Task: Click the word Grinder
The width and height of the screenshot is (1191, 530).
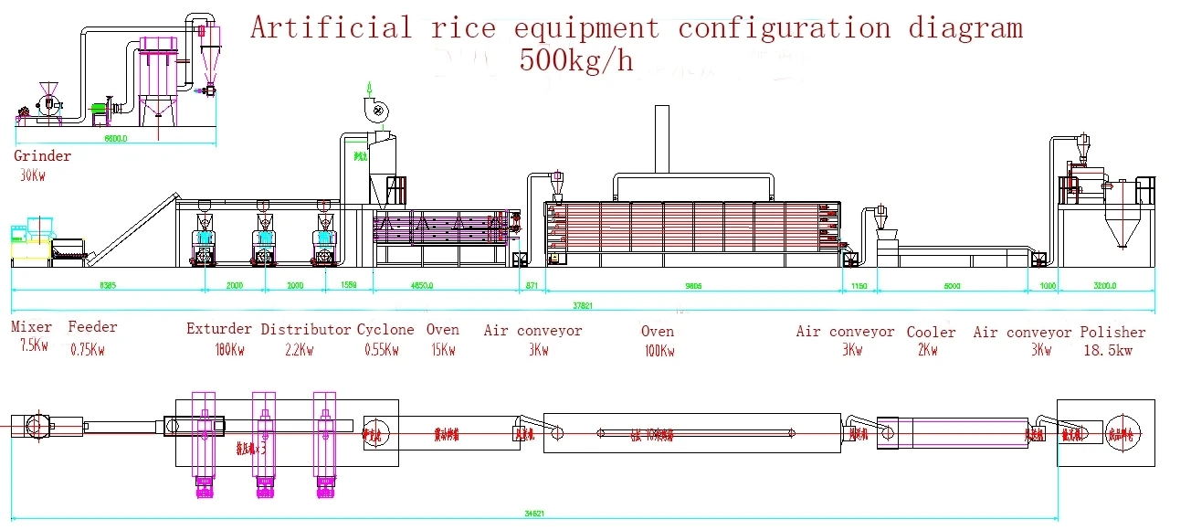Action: tap(42, 156)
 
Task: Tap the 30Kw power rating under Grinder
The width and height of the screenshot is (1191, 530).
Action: tap(32, 175)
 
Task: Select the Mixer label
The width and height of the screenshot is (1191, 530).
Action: tap(31, 327)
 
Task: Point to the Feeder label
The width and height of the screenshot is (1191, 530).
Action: tap(92, 327)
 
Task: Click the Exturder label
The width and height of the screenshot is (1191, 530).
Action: tap(219, 329)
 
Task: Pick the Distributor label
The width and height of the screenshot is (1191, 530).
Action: tap(306, 329)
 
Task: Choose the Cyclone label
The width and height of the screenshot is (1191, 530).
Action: tap(385, 329)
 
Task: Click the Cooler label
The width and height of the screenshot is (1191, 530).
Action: tap(931, 333)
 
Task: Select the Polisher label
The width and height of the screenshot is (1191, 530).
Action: tap(1112, 333)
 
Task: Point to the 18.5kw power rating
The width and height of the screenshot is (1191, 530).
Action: tap(1107, 351)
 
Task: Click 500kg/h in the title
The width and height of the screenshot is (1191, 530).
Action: tap(575, 60)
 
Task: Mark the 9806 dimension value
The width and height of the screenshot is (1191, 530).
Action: tap(693, 286)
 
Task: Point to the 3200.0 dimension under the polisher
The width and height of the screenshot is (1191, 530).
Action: tap(1104, 286)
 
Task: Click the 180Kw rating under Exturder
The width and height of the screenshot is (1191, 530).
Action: tap(229, 349)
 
